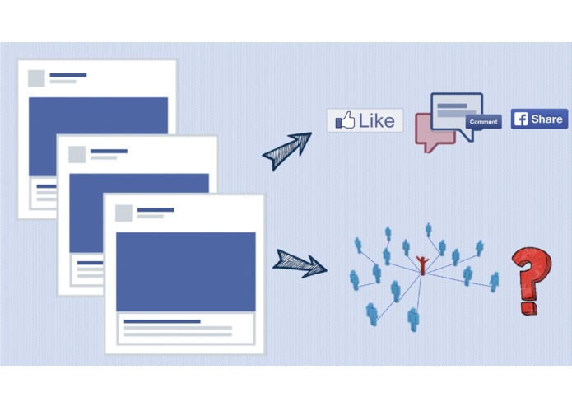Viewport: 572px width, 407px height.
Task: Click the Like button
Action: click(365, 120)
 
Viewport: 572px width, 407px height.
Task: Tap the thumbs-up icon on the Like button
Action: click(345, 120)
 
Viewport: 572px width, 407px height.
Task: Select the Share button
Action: click(539, 119)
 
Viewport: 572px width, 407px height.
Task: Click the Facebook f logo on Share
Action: click(520, 119)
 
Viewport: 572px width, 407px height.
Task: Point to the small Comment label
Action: click(483, 122)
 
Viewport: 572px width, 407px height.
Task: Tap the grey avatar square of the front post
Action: click(123, 213)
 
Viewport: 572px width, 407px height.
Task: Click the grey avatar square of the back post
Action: click(36, 78)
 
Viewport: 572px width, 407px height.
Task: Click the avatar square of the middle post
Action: click(77, 154)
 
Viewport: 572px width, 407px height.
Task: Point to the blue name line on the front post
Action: click(155, 210)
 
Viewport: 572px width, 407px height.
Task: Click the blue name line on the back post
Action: click(67, 75)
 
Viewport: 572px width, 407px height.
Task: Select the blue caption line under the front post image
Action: click(161, 321)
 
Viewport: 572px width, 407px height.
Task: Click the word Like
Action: click(376, 120)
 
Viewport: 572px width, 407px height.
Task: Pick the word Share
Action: click(546, 119)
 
